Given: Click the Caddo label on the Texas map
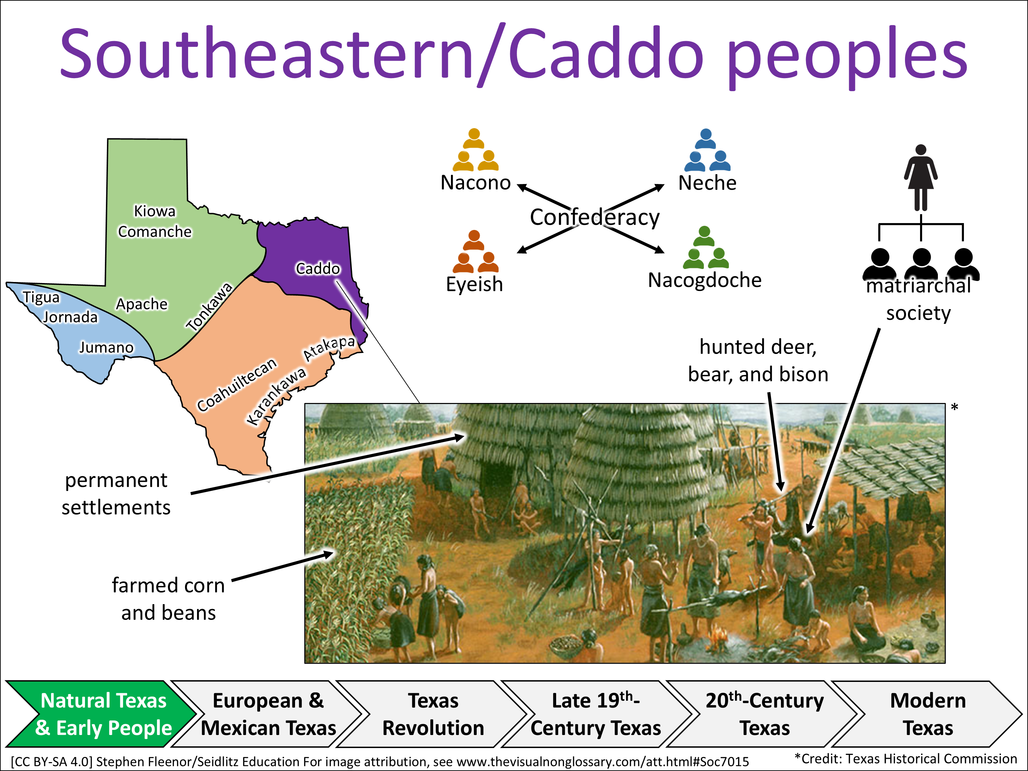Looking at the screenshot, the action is [318, 269].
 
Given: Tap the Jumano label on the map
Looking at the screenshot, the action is [107, 347].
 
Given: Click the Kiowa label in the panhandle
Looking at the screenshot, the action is [155, 211].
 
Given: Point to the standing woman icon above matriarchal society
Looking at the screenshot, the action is [921, 178].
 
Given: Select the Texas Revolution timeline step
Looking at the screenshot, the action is [433, 714].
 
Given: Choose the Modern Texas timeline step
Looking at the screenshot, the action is [928, 714].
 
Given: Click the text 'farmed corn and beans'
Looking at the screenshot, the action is [168, 599].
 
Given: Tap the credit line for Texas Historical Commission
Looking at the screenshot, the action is [906, 759].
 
